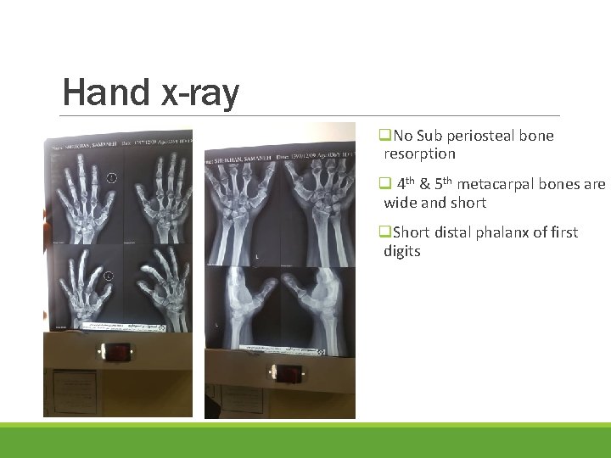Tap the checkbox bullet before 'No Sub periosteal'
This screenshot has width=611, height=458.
pos(384,136)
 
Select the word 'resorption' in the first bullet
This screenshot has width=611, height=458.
pos(419,154)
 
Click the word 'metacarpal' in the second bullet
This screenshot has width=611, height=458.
pos(491,184)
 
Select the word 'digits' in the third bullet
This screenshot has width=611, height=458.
pos(401,251)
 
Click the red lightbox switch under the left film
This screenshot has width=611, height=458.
pos(117,350)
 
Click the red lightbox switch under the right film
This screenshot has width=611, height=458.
pos(289,372)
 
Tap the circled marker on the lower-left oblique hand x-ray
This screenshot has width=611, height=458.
pos(109,276)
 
